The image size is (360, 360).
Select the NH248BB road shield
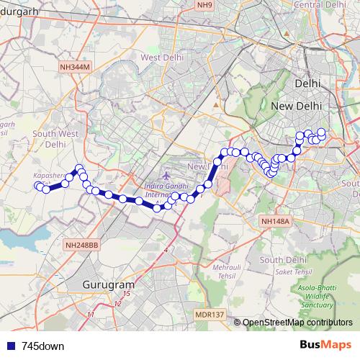81,245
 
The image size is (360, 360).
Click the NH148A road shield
275,222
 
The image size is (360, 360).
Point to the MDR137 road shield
210,315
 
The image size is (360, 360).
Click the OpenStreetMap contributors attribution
297,323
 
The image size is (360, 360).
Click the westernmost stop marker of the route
38,186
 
